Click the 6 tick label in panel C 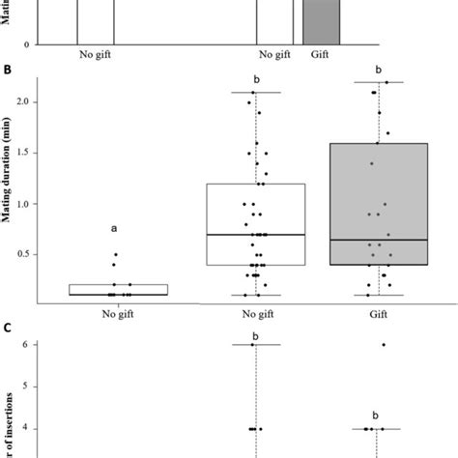click(x=62, y=344)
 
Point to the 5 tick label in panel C click(x=62, y=386)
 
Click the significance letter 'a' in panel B click(x=114, y=229)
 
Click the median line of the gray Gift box click(x=379, y=240)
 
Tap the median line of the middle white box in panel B click(x=256, y=234)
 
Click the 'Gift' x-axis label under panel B click(x=379, y=313)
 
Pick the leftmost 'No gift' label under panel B click(x=114, y=313)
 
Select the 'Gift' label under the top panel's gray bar click(x=321, y=55)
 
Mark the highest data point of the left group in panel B click(x=114, y=255)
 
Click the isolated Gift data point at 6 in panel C click(x=384, y=344)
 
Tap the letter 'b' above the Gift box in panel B click(x=379, y=71)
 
